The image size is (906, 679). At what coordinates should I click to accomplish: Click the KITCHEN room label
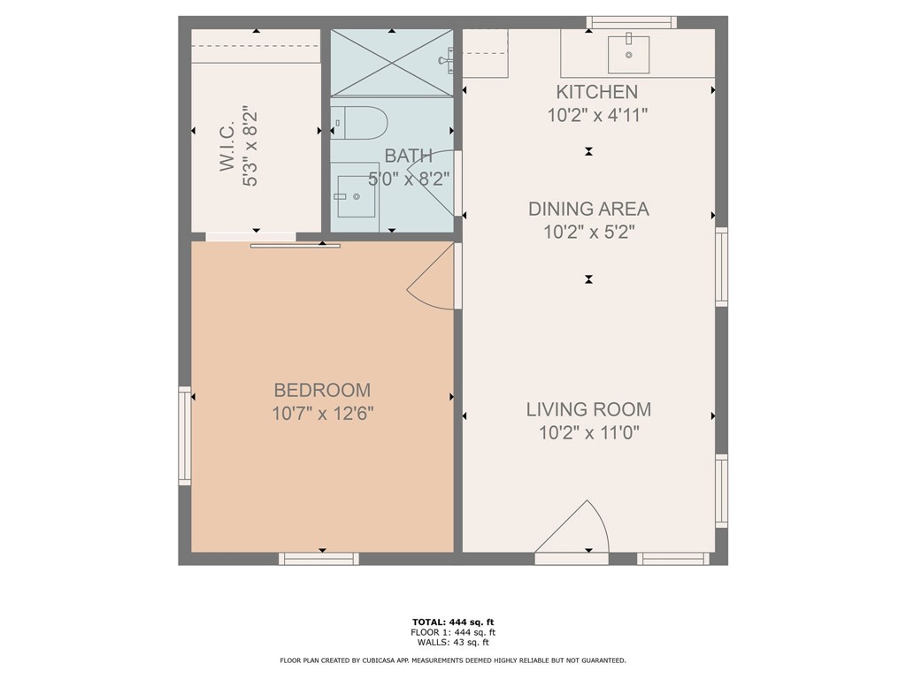coord(597,92)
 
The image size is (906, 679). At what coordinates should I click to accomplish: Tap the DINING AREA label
coord(588,209)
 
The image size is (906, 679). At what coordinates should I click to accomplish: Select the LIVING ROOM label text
coord(588,409)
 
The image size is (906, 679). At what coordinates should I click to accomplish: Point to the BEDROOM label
coord(322,390)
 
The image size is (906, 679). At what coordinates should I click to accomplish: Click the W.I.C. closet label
coord(227,146)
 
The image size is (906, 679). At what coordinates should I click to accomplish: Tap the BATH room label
coord(408,156)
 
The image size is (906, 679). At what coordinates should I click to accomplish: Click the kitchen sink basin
coord(629,54)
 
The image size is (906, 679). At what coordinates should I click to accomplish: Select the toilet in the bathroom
coord(357,122)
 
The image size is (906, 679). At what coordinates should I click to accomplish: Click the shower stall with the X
coord(391,63)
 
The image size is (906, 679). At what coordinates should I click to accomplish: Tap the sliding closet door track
coord(296,246)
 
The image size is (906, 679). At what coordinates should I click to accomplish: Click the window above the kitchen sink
coord(632,22)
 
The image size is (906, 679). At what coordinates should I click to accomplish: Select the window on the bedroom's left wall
coord(185,435)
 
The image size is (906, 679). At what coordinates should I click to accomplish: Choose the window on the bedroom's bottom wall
coord(319,559)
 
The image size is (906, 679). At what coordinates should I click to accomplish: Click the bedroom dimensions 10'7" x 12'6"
coord(323,414)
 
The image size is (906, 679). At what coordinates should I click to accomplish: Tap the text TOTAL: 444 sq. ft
coord(453,622)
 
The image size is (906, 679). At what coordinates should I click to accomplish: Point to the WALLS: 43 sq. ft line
coord(453,642)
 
